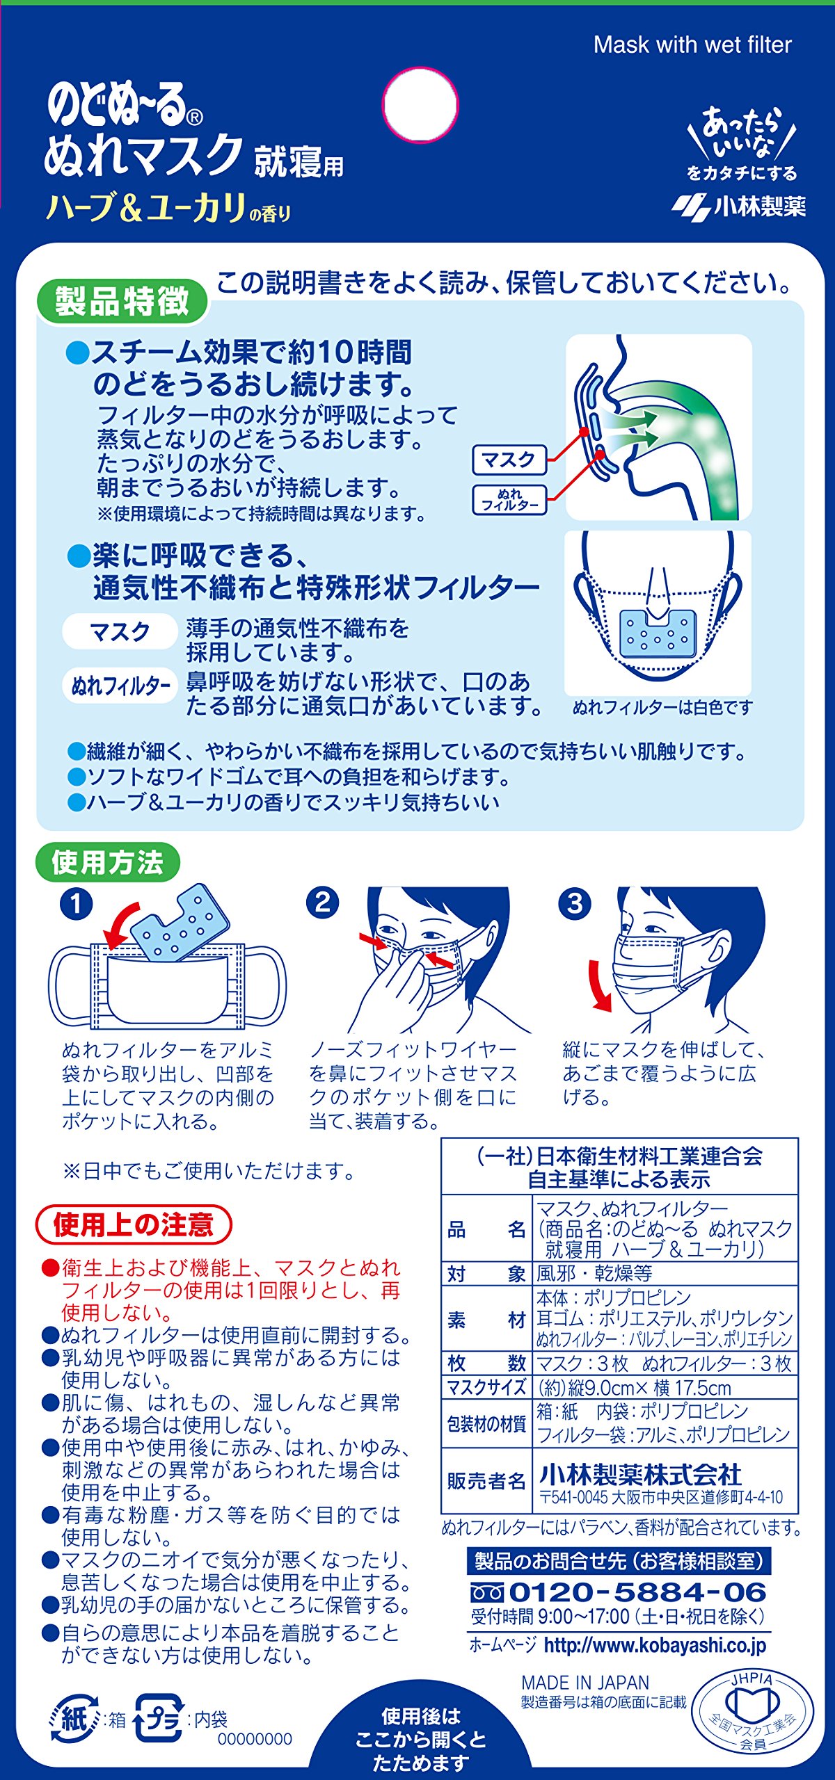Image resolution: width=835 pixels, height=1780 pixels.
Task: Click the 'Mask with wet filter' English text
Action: pyautogui.click(x=692, y=45)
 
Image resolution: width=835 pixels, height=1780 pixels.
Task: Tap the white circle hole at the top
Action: pyautogui.click(x=420, y=105)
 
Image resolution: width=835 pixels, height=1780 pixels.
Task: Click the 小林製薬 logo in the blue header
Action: pyautogui.click(x=739, y=206)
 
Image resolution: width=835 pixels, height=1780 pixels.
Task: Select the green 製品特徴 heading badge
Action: pyautogui.click(x=122, y=302)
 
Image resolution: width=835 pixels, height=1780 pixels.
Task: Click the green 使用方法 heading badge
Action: pyautogui.click(x=108, y=862)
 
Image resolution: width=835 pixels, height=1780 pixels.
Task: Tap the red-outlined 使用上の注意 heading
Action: pyautogui.click(x=133, y=1224)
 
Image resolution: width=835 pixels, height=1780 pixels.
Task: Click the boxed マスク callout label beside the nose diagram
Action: pyautogui.click(x=509, y=460)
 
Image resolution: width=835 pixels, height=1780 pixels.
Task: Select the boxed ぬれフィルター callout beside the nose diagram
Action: pyautogui.click(x=509, y=499)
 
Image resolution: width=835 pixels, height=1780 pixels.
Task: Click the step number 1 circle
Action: pyautogui.click(x=77, y=905)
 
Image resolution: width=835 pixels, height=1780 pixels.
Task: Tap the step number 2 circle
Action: pyautogui.click(x=322, y=903)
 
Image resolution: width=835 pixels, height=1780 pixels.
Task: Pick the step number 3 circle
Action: pyautogui.click(x=575, y=903)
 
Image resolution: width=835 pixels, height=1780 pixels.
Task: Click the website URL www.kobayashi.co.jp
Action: pyautogui.click(x=655, y=1645)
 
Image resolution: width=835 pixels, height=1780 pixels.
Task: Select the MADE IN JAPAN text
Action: pyautogui.click(x=585, y=1683)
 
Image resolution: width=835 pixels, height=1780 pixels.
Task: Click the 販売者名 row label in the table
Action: pyautogui.click(x=486, y=1481)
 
